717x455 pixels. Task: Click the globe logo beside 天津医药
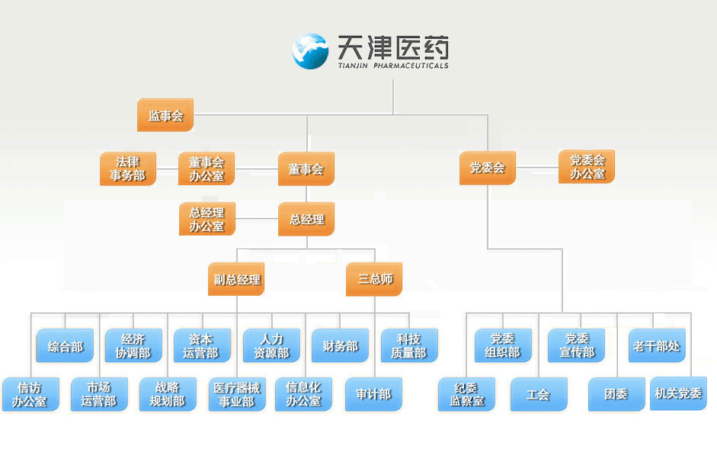pos(311,50)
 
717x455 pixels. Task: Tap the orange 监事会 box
pos(165,116)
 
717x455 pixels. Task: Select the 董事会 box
pos(306,169)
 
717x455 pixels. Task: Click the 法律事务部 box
pos(127,169)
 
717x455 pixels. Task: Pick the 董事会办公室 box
pos(206,169)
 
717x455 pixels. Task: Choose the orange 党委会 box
pos(487,168)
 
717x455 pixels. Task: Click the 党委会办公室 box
pos(587,167)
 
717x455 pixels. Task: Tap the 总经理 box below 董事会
pos(306,219)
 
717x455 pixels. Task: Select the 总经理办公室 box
pos(206,219)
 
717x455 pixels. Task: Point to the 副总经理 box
pos(237,279)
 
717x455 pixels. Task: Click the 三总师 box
pos(374,279)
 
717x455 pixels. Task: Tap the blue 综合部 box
pos(65,346)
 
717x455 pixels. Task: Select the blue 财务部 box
pos(340,346)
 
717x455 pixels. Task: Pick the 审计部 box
pos(373,394)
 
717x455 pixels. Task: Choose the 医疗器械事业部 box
pos(237,394)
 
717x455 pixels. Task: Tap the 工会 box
pos(538,395)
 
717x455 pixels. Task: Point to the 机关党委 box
pos(678,393)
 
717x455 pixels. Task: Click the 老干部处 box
pos(656,346)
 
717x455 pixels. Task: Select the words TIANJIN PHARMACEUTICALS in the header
pos(392,66)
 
